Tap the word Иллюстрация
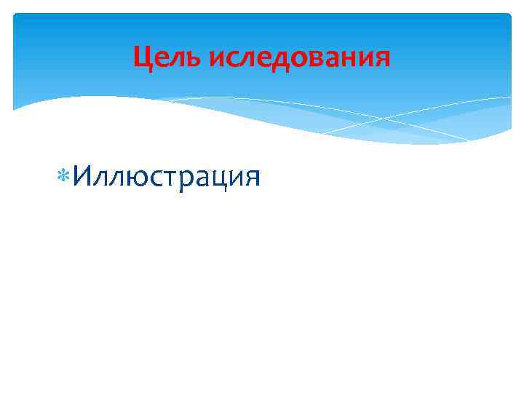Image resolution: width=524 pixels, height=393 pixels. tap(166, 176)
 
